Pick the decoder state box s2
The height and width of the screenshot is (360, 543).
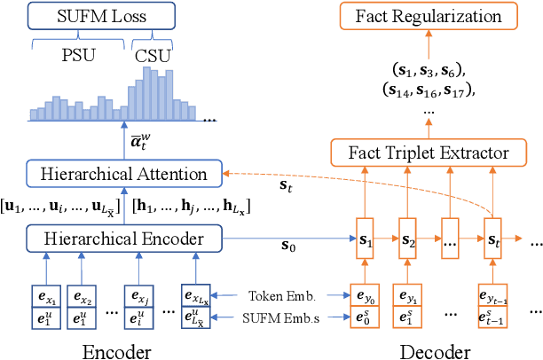406,239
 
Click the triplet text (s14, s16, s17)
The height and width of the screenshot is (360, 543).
428,89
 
